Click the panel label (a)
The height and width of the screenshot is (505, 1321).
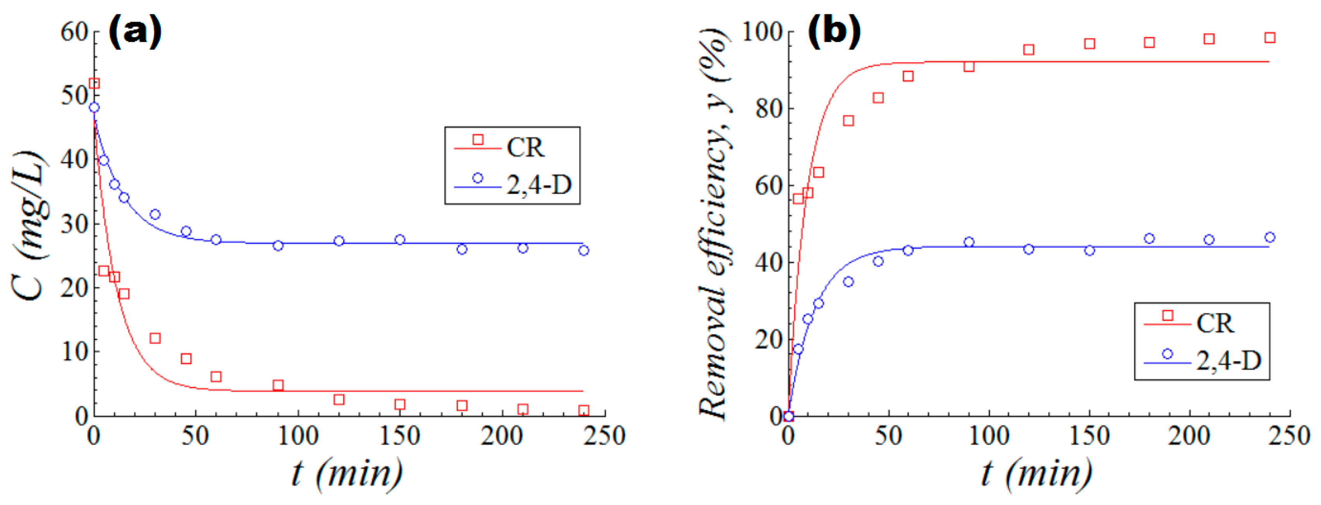click(x=135, y=32)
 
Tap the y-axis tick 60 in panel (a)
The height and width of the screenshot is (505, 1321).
click(x=75, y=32)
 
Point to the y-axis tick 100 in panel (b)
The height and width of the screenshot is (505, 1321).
click(x=762, y=32)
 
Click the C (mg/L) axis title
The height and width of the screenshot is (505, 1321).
click(x=28, y=225)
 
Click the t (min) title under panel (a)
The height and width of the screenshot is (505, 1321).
click(x=347, y=474)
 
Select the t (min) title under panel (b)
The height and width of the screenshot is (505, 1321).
click(x=1036, y=474)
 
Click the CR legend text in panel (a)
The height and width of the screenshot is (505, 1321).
click(x=525, y=147)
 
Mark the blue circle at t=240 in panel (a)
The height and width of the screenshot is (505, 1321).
click(x=583, y=250)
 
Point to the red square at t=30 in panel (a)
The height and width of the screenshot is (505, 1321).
click(x=155, y=338)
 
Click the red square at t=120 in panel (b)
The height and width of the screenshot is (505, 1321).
click(x=1028, y=50)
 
